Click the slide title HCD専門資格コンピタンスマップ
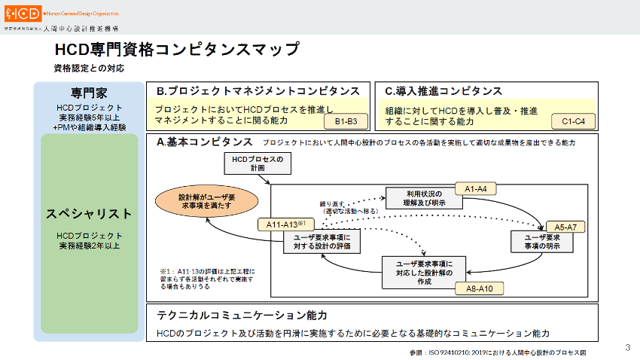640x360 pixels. [177, 50]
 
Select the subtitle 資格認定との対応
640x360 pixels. [89, 69]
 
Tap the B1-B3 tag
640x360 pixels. [347, 121]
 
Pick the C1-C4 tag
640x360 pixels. [578, 121]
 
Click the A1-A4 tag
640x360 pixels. [477, 189]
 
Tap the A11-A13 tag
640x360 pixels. [285, 224]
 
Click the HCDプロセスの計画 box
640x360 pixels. [256, 163]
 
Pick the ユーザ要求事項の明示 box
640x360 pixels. [543, 242]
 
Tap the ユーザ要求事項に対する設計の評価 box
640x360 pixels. [322, 242]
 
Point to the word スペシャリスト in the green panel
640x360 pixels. [89, 214]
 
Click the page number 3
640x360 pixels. [627, 347]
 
